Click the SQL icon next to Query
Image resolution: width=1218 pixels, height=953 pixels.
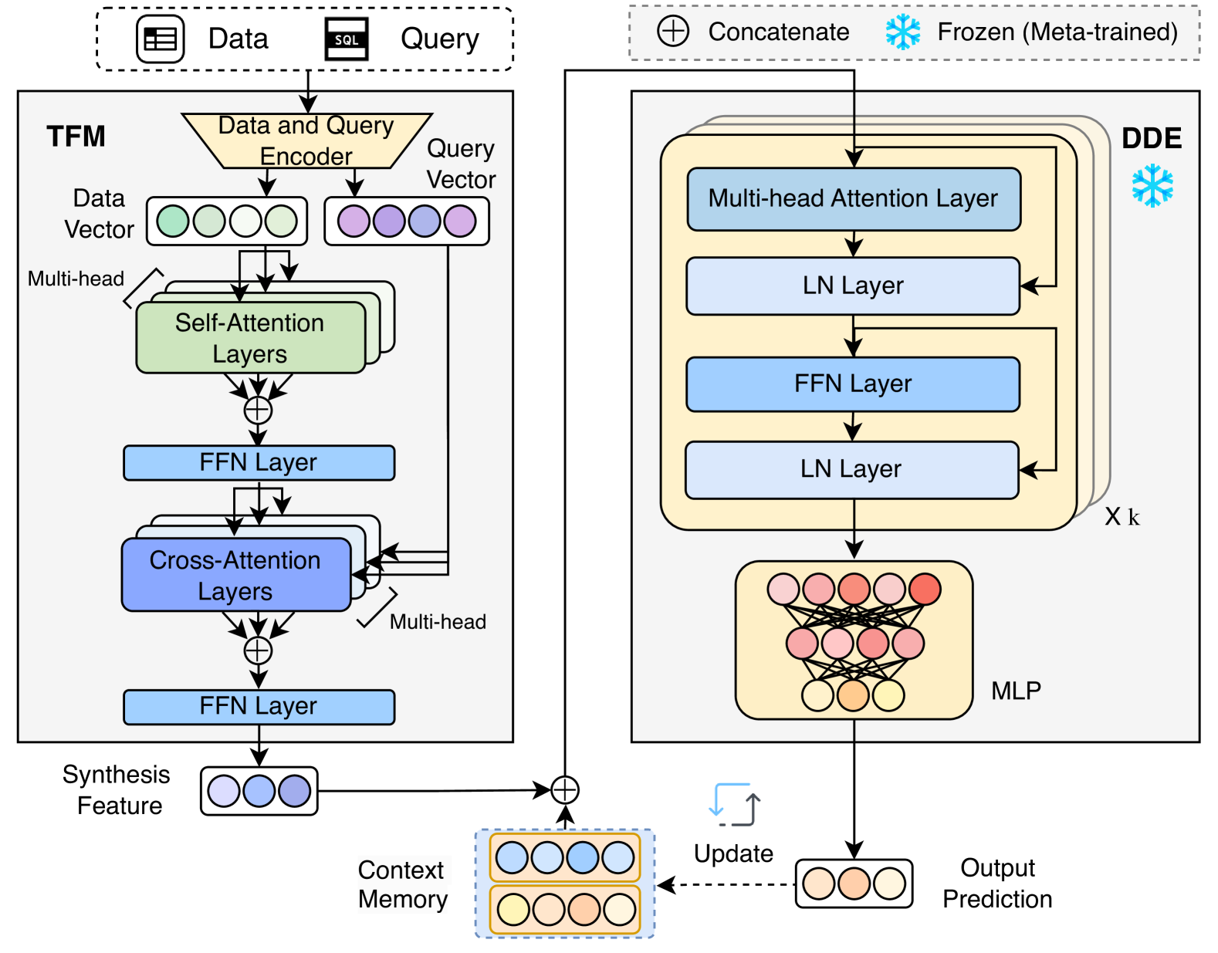346,39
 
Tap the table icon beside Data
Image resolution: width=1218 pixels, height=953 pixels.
161,39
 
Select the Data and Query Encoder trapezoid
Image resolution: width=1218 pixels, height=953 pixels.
306,140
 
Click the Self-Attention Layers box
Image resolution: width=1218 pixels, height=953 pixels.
250,338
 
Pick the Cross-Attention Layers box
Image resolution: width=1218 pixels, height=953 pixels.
235,575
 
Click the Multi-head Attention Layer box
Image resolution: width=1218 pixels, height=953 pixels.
854,199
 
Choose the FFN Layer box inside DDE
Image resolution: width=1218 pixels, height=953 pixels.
853,384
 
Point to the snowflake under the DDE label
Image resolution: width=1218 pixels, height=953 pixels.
1152,185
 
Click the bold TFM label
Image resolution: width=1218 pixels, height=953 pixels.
76,137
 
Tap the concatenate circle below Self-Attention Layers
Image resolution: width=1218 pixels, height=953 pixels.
258,410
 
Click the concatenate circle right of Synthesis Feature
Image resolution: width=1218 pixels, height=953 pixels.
565,789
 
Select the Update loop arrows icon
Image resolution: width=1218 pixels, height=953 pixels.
734,805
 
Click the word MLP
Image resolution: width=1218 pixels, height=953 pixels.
1016,691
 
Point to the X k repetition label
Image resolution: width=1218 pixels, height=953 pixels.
1122,516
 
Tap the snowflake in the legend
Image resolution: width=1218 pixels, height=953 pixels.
902,32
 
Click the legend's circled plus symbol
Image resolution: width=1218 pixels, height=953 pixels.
673,32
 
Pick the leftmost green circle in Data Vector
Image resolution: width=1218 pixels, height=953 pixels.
173,221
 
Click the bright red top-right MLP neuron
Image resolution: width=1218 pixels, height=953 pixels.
925,589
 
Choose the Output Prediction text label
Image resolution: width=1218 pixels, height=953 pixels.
997,884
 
